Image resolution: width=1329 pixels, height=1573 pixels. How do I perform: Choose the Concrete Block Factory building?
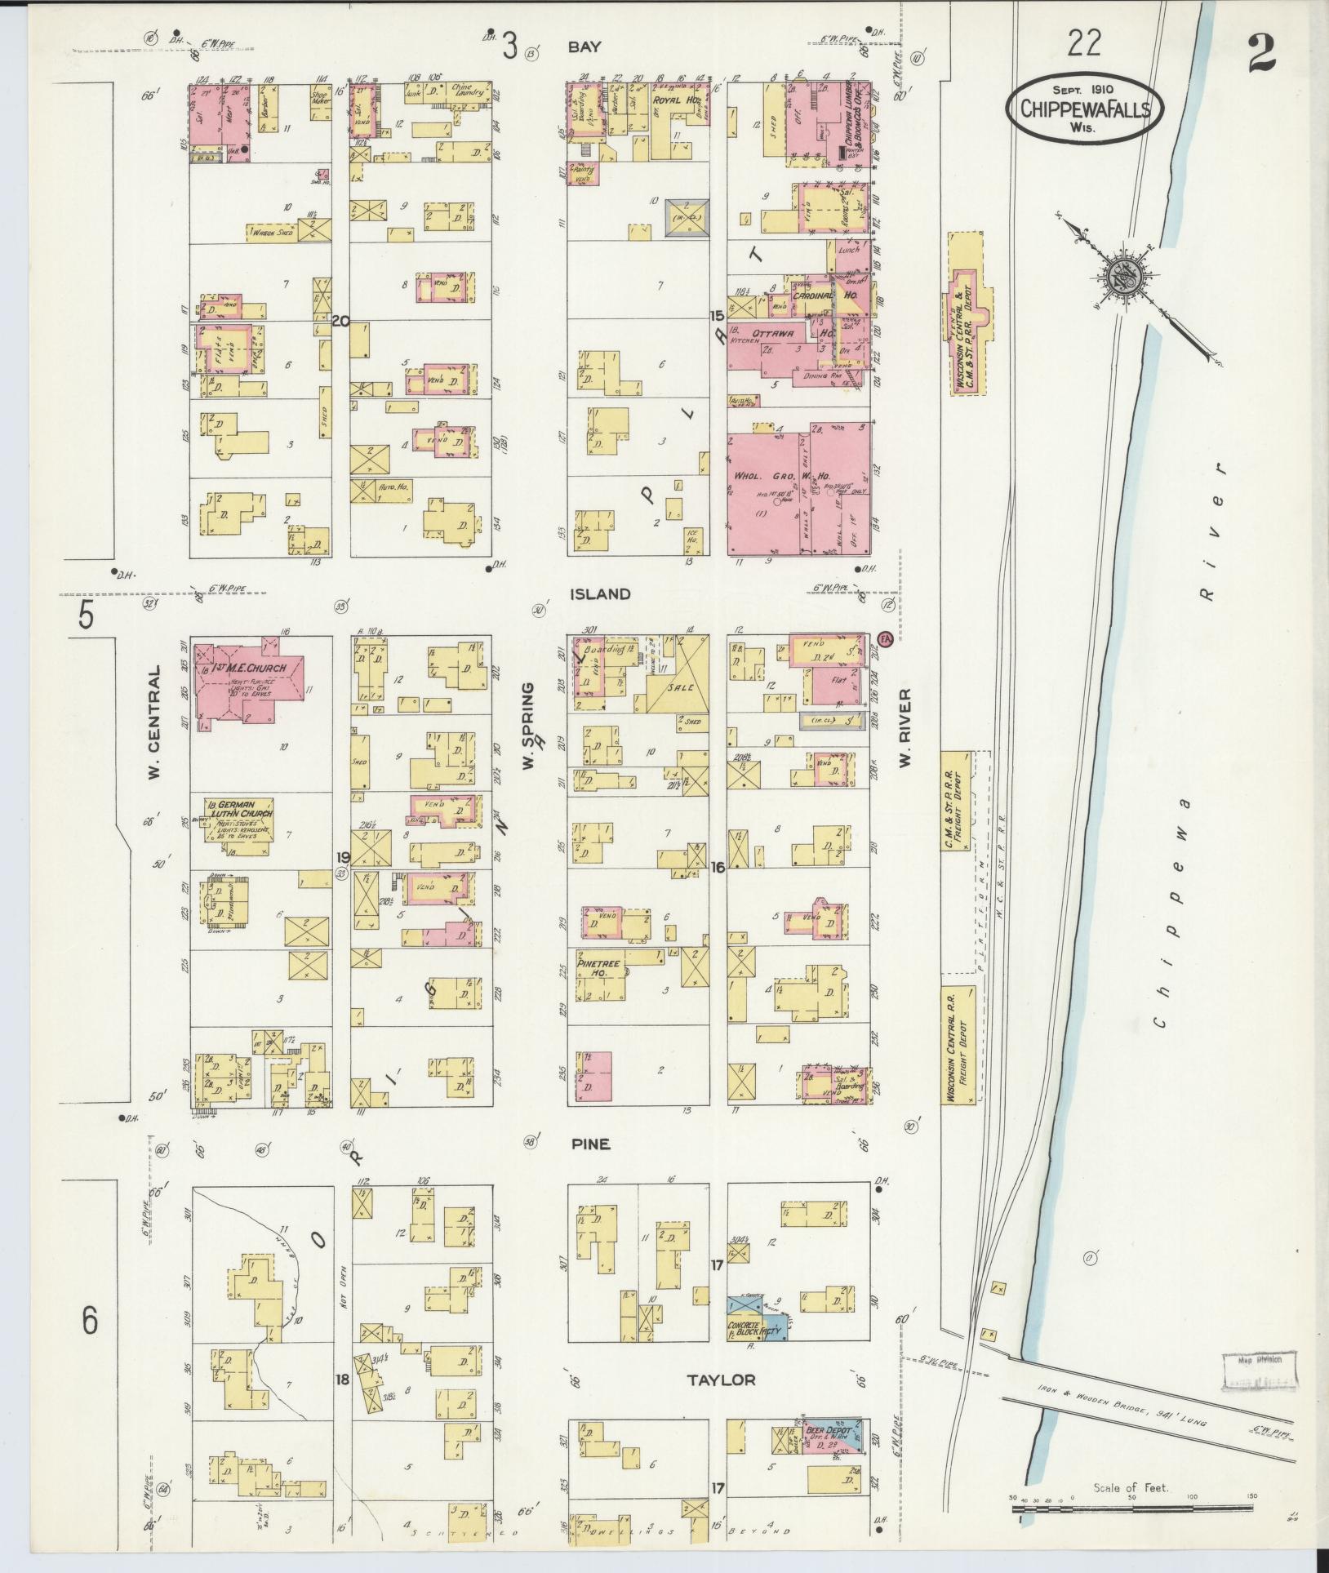coord(757,1326)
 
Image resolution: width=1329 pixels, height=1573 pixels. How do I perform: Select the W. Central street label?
coord(154,722)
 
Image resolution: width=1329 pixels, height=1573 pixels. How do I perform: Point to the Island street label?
coord(601,593)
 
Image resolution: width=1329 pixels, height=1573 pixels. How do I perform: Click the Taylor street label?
coord(720,1380)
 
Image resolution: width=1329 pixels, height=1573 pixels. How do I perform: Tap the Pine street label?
coord(591,1144)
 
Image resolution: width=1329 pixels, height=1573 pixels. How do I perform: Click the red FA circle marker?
coord(884,638)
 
